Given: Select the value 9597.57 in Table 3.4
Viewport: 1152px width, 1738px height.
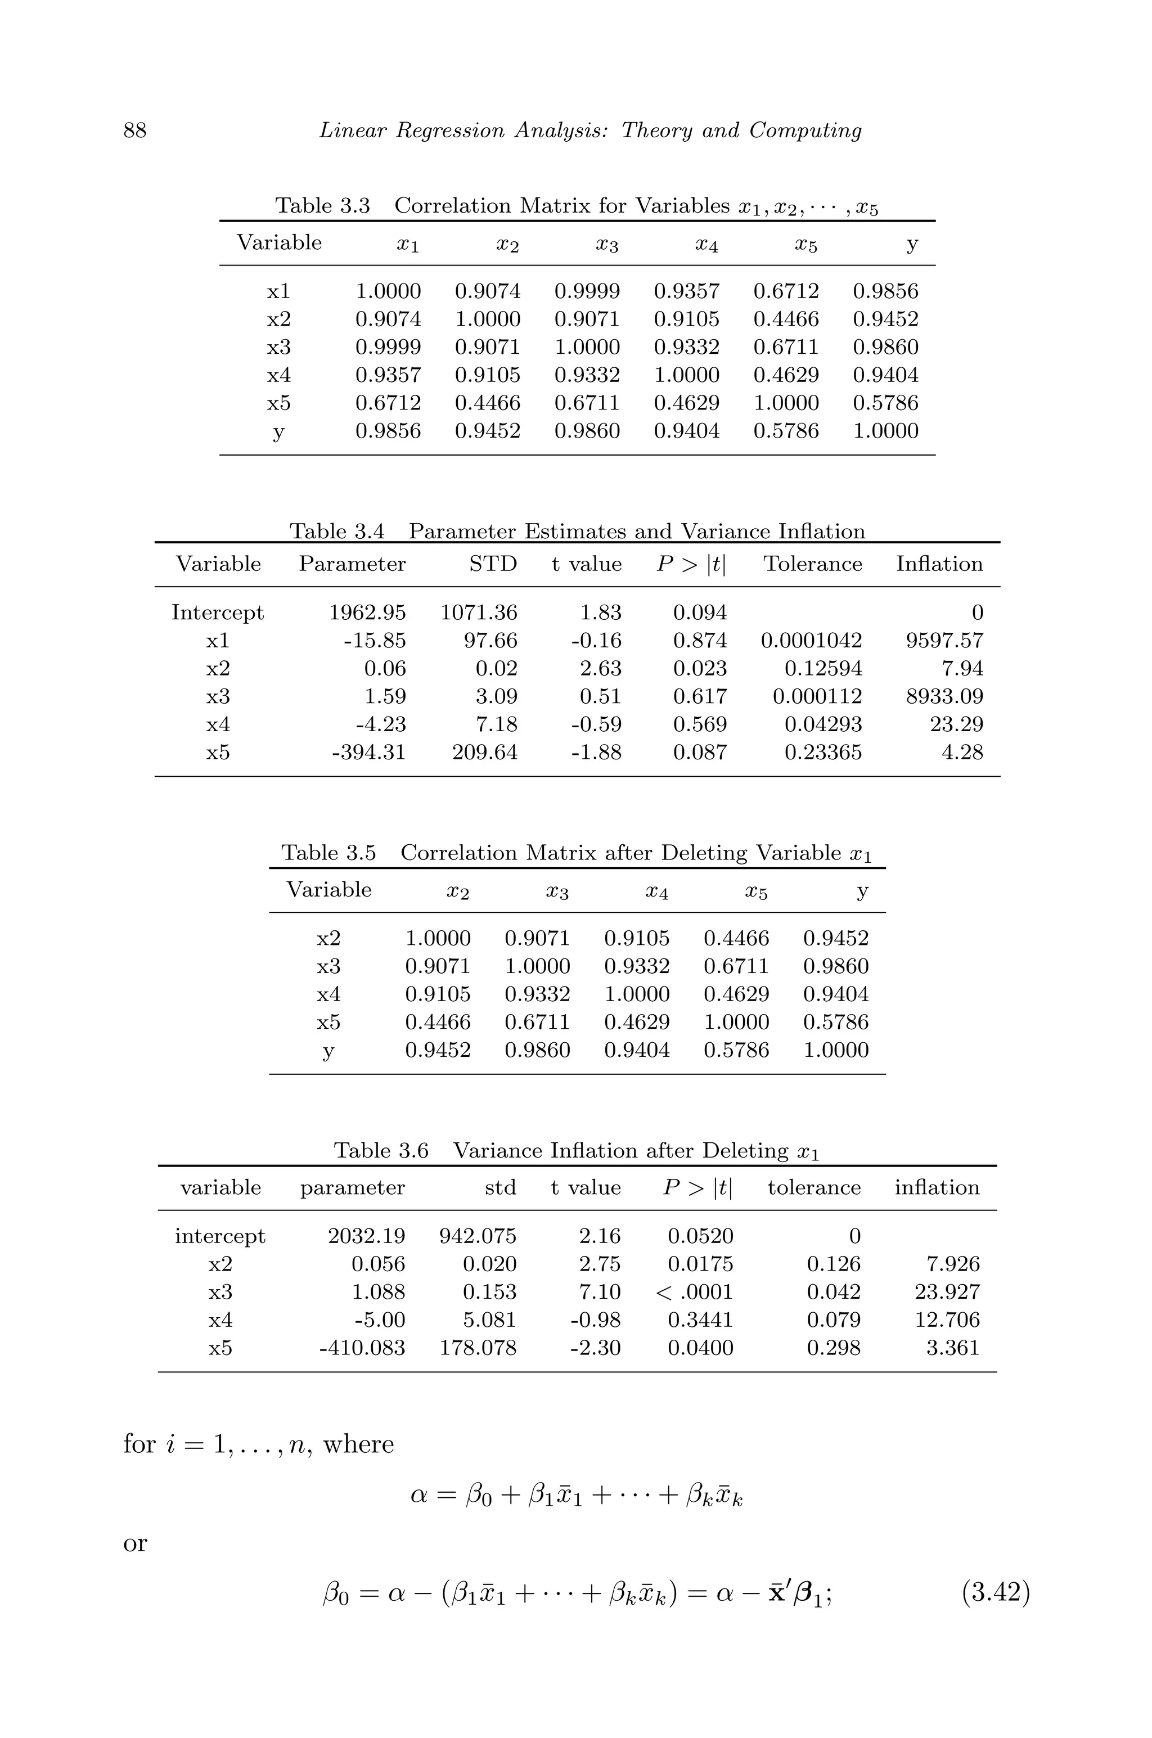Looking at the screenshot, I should [x=944, y=641].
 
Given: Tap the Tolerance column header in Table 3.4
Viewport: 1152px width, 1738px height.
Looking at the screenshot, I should [x=813, y=564].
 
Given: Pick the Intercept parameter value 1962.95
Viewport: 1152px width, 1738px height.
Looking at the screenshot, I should [x=367, y=613].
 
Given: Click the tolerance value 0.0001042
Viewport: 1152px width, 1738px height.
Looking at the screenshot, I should [x=811, y=641].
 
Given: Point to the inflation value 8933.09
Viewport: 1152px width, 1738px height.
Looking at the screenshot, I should [x=944, y=696].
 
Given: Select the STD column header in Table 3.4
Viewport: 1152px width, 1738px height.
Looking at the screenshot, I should [x=493, y=564].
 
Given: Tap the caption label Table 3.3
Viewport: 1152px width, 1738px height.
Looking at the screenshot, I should [x=322, y=206].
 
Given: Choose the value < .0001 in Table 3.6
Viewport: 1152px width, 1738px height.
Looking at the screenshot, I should [x=694, y=1292].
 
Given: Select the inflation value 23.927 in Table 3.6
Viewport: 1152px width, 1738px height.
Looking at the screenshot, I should [x=947, y=1292].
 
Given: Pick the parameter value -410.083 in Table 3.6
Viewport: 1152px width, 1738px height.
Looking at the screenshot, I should [x=362, y=1348].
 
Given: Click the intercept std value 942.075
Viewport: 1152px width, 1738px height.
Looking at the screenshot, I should [x=478, y=1236].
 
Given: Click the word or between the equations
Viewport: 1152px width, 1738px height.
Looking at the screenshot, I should [x=135, y=1543].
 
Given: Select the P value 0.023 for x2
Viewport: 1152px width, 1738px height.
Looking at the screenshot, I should [x=699, y=668].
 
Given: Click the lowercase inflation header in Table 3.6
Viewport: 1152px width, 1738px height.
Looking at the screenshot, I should [x=937, y=1188].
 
